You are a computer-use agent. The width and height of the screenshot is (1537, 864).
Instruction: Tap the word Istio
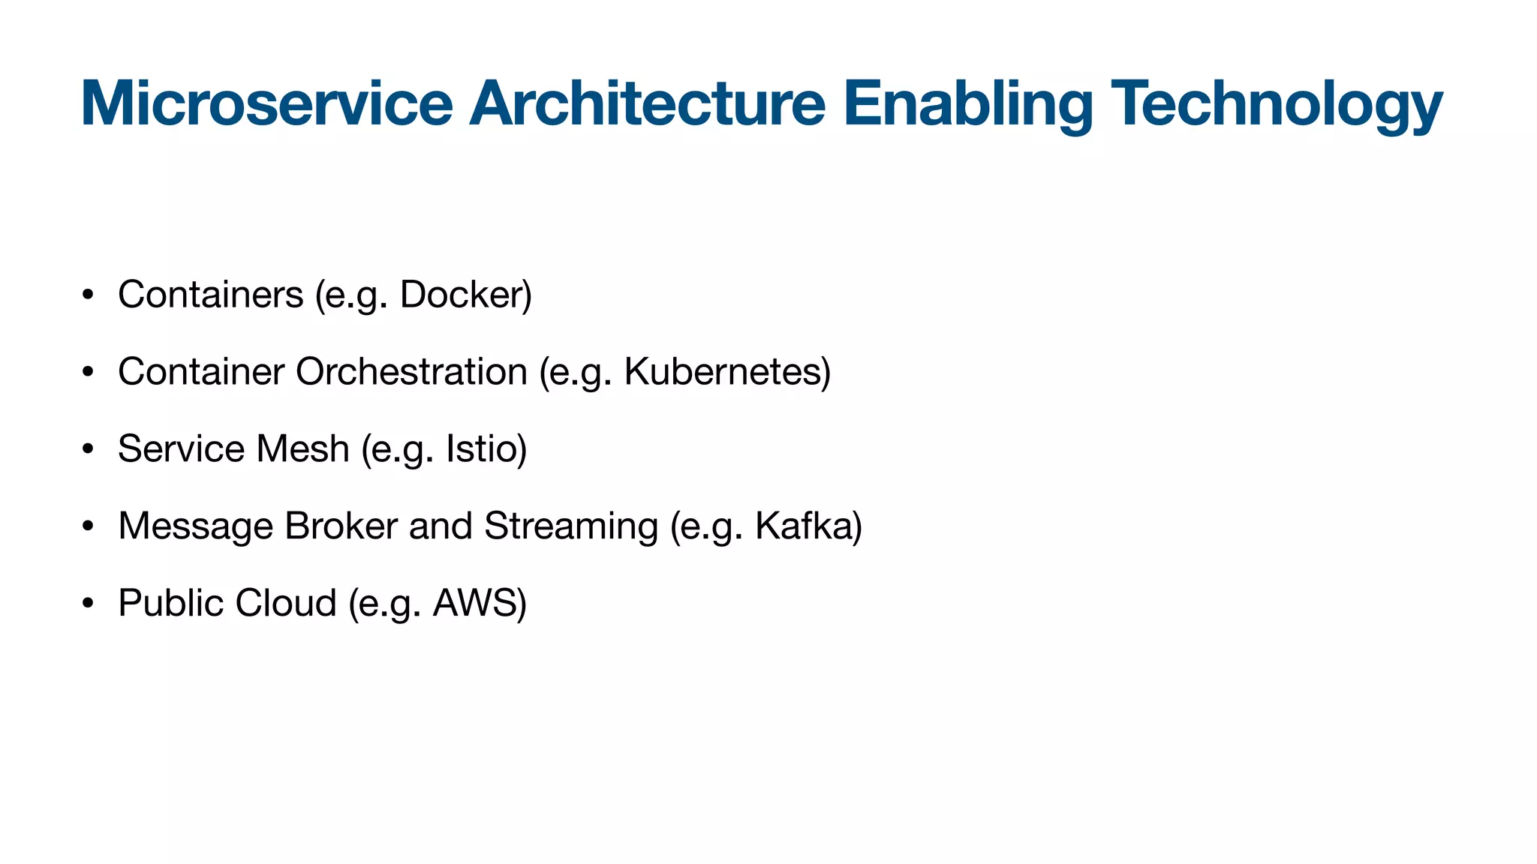[x=483, y=449]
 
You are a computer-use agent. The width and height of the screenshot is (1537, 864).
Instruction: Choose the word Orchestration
[x=411, y=372]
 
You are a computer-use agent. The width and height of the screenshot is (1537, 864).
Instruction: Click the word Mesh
[x=302, y=449]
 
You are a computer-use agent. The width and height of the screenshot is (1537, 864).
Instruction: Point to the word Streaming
[x=571, y=526]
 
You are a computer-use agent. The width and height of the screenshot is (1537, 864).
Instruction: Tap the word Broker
[x=341, y=526]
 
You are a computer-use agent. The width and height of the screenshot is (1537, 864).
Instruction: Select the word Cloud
[x=286, y=603]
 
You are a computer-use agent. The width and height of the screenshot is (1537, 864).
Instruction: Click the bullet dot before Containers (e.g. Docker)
[x=88, y=295]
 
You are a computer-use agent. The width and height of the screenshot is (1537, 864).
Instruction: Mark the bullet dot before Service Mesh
[x=88, y=449]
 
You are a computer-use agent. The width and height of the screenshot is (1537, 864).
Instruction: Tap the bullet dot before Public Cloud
[x=88, y=603]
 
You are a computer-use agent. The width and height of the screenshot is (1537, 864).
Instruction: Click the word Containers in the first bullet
[x=210, y=295]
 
